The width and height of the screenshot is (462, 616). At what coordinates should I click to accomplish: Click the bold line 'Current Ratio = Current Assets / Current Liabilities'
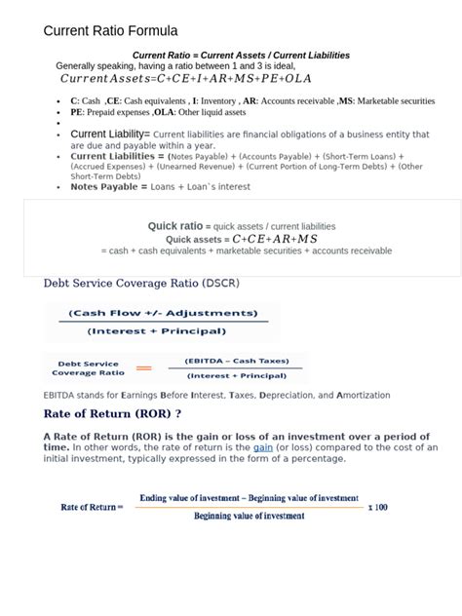[241, 56]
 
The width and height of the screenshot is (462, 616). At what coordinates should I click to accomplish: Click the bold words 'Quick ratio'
[175, 226]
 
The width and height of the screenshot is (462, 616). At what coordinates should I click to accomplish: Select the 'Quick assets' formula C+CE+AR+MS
[275, 239]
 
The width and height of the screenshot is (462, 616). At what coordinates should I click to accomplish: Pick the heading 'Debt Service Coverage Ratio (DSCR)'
[141, 284]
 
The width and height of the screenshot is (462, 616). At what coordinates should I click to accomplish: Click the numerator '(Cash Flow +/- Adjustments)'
[163, 314]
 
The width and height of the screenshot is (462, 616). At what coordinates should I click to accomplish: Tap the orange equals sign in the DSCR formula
[144, 368]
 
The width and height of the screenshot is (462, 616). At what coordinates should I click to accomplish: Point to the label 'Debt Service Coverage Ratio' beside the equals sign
[88, 368]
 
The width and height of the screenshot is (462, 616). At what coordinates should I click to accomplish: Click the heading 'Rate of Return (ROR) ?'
[113, 412]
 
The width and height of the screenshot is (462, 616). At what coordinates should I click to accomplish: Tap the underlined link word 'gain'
[263, 447]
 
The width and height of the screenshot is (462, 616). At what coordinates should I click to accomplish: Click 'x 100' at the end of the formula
[377, 507]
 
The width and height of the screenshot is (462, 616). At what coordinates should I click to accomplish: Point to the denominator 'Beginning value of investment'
[249, 517]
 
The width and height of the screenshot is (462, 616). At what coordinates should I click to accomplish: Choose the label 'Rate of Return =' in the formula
[93, 507]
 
